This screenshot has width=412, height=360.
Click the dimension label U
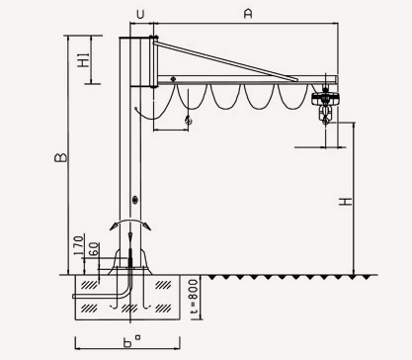coord(140,15)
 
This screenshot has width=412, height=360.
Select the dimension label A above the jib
coord(248,14)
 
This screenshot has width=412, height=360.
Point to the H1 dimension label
coord(84,60)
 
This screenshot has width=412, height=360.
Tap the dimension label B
coord(60,157)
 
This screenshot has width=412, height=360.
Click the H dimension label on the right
coord(346,202)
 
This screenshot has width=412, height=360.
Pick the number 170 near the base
coord(79,245)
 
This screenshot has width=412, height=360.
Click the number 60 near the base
coord(94,249)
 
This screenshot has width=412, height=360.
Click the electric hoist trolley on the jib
coord(325,98)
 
